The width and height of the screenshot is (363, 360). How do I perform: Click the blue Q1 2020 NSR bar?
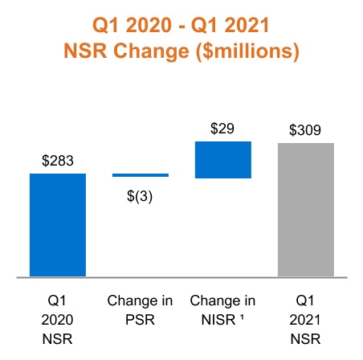pos(58,224)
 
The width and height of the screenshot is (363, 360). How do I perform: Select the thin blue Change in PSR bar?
pos(141,174)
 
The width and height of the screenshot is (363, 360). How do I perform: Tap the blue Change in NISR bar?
pos(223,159)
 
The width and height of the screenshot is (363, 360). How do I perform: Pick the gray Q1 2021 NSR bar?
pos(306,210)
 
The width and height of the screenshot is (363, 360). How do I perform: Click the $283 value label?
pos(58,161)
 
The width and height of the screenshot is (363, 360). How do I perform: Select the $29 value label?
pos(223,129)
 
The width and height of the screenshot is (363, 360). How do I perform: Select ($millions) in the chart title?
pos(244,51)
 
